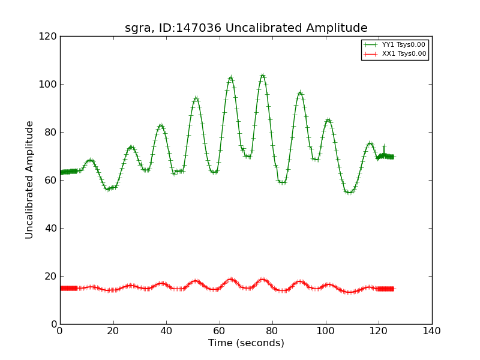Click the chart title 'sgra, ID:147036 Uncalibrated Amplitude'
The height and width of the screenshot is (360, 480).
(246, 28)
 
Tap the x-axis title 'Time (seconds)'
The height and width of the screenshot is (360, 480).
(246, 343)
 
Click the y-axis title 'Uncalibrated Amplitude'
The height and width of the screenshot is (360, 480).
(30, 180)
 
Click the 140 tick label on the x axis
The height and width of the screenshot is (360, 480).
(431, 331)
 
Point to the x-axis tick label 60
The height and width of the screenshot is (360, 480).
(220, 331)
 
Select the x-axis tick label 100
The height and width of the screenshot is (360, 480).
(326, 331)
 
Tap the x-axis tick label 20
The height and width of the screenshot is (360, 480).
(113, 331)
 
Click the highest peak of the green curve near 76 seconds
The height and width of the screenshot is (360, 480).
(262, 76)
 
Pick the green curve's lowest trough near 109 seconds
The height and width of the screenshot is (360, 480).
(349, 193)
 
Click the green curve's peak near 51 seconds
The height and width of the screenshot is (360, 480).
(196, 98)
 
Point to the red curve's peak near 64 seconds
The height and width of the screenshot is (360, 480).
(230, 279)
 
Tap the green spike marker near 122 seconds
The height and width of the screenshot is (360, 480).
(384, 147)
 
